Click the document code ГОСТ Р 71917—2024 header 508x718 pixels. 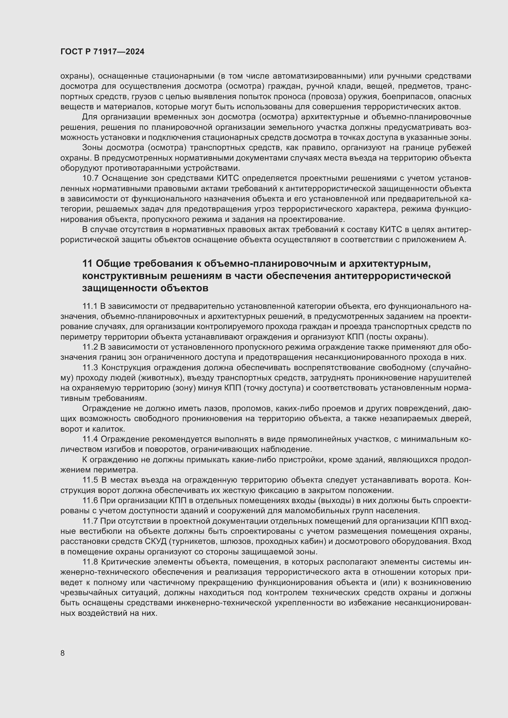[102, 52]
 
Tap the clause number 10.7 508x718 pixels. [90, 178]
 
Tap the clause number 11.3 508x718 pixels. [90, 367]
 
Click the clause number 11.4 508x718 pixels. [90, 439]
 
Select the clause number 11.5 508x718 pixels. [90, 480]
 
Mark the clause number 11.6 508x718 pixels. [90, 501]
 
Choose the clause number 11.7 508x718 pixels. [90, 521]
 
